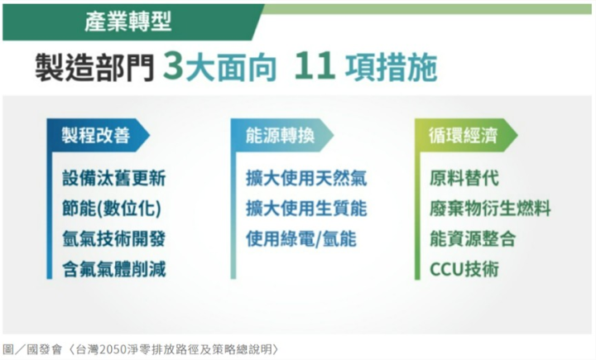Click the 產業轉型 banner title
pos(128,22)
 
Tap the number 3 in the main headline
pos(174,66)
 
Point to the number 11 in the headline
pos(315,66)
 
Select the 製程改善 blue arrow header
pos(98,136)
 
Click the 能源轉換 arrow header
pos(282,136)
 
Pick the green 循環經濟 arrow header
pos(466,136)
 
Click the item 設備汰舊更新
pos(114,178)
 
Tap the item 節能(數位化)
pos(112,209)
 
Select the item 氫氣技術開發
pos(114,239)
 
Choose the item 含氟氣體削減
pos(114,270)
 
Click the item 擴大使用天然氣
pos(306,178)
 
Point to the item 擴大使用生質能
pos(306,209)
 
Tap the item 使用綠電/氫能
pos(301,239)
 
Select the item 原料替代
pos(464,178)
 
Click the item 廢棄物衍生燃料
pos(490,209)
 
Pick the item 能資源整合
pos(473,239)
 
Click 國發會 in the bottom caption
pos(44,349)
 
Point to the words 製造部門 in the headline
pos(95,67)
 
